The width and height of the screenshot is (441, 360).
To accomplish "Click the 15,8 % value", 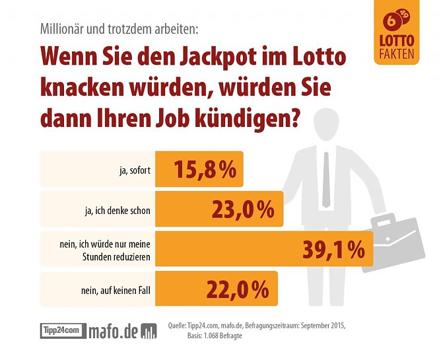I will (205, 169).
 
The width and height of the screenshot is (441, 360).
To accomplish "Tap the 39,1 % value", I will (333, 249).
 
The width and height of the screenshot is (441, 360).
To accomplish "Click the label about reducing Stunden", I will (106, 249).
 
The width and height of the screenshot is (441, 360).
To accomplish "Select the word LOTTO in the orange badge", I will (397, 40).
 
